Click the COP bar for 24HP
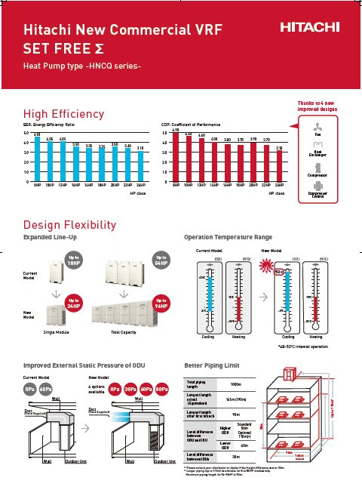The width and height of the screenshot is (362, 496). pyautogui.click(x=279, y=167)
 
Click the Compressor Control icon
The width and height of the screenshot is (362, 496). pyautogui.click(x=317, y=185)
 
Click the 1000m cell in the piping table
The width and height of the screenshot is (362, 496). pyautogui.click(x=235, y=384)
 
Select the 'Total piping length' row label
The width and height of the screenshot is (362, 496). pyautogui.click(x=199, y=384)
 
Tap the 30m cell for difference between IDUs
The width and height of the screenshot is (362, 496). pyautogui.click(x=235, y=456)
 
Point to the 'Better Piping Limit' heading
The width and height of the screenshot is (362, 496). pyautogui.click(x=217, y=365)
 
